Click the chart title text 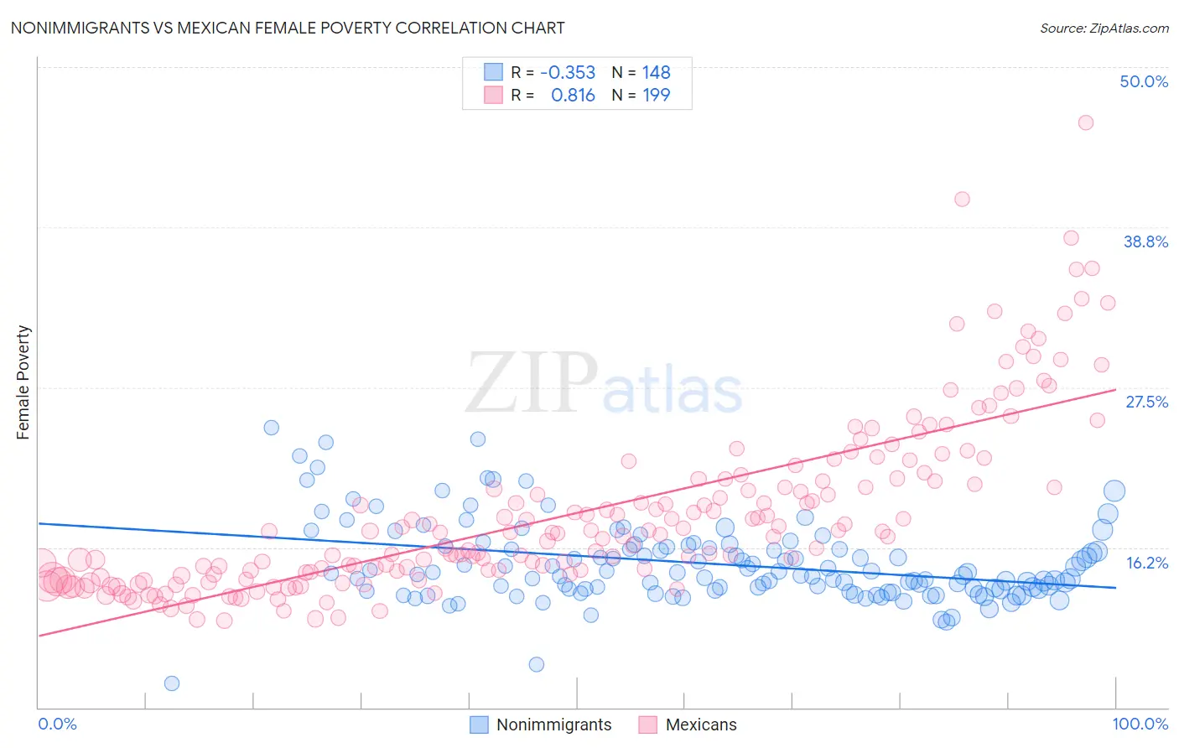287,28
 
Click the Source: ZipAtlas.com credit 1104,28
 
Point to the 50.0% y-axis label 1144,81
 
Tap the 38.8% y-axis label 1145,242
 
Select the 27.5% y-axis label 1146,402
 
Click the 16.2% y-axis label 1146,563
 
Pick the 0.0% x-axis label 57,724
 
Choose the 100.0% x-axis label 1140,724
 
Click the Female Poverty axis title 23,382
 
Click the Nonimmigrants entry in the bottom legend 553,725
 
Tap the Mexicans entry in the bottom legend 700,725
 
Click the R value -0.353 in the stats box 568,73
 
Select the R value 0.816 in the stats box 573,96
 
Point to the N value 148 656,73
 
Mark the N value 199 656,96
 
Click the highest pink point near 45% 1085,122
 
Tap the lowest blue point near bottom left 172,683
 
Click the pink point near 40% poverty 962,200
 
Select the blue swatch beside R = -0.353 493,72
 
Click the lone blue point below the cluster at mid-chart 537,664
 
